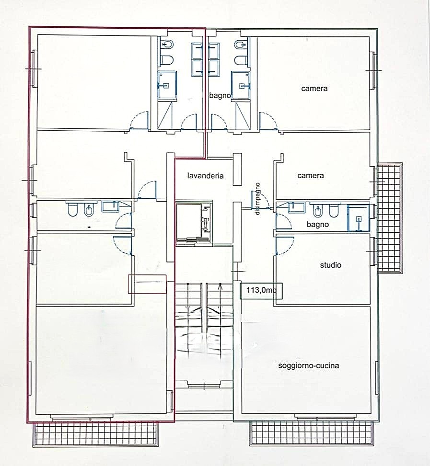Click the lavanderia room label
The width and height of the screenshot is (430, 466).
(205, 176)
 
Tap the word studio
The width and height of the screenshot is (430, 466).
(330, 265)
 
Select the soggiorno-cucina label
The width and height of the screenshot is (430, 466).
(308, 365)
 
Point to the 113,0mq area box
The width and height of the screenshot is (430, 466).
(261, 290)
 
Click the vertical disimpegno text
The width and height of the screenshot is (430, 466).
(257, 199)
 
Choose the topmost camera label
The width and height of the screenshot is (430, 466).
(314, 88)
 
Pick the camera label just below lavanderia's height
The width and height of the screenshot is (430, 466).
(311, 175)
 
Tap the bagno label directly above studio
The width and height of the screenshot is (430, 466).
(318, 225)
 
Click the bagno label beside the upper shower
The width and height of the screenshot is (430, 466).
(220, 96)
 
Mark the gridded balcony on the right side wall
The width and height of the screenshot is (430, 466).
(390, 218)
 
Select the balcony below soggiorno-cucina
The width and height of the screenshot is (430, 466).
(311, 433)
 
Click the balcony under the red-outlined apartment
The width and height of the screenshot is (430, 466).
(95, 434)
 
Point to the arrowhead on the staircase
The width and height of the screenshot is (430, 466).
(220, 286)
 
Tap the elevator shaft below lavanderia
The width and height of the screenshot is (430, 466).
(193, 222)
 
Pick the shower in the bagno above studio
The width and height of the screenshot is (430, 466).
(359, 217)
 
